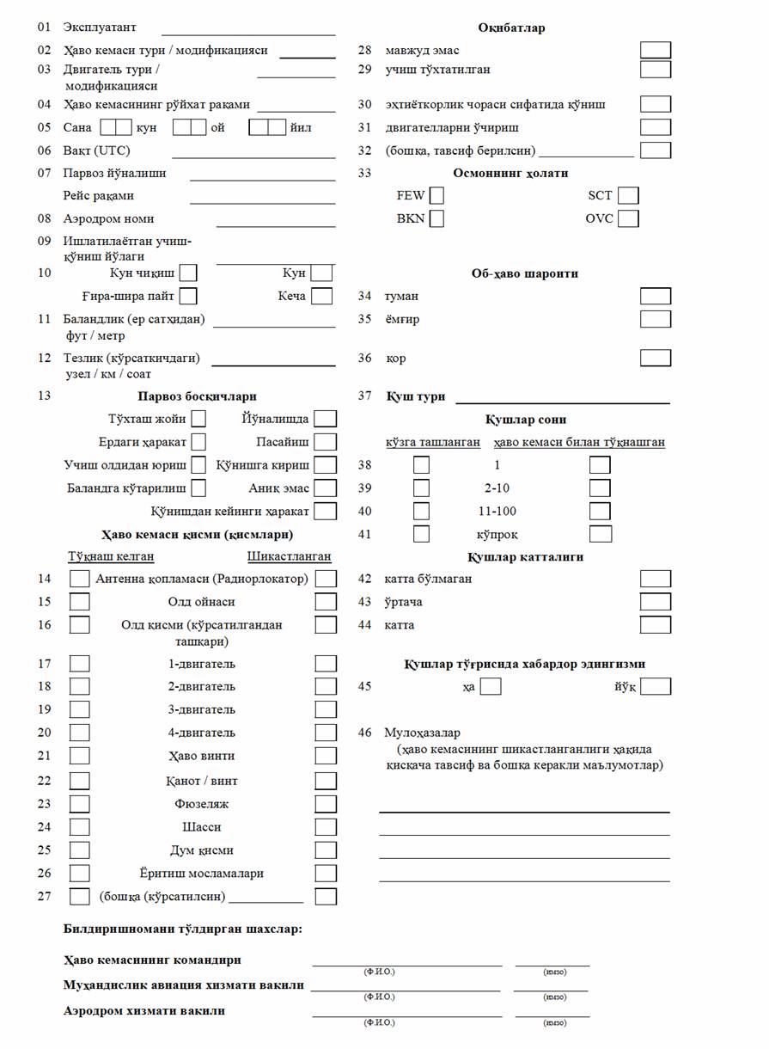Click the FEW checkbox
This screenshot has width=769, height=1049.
pyautogui.click(x=436, y=196)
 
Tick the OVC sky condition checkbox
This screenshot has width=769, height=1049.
pyautogui.click(x=628, y=218)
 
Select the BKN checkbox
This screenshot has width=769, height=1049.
pyautogui.click(x=436, y=218)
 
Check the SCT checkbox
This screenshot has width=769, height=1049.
pyautogui.click(x=628, y=196)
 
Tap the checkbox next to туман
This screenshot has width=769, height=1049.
pyautogui.click(x=656, y=297)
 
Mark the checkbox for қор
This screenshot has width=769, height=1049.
pyautogui.click(x=656, y=359)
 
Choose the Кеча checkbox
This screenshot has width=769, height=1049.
pyautogui.click(x=322, y=297)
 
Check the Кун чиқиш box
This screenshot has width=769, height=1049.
pyautogui.click(x=187, y=273)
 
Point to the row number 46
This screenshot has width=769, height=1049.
pyautogui.click(x=365, y=733)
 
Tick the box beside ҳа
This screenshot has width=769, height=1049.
pyautogui.click(x=491, y=687)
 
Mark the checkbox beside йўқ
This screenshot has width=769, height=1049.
pyautogui.click(x=656, y=687)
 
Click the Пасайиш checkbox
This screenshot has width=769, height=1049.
pyautogui.click(x=325, y=443)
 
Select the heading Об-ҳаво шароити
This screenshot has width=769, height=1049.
pyautogui.click(x=524, y=273)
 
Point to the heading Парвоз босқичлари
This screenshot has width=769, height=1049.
pyautogui.click(x=197, y=396)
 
